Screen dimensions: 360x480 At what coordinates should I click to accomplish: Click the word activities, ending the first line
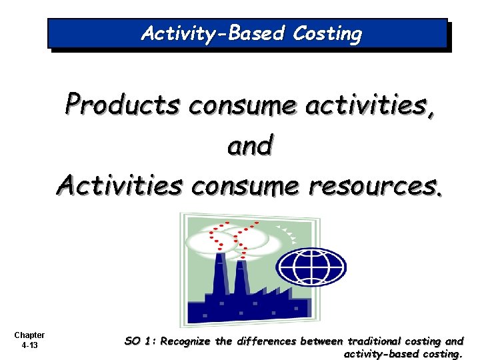tap(371, 105)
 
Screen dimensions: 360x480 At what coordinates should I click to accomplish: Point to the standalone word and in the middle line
tap(250, 145)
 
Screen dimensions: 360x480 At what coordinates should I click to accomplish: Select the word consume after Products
tap(243, 106)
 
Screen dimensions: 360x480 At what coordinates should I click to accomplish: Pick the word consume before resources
tap(245, 186)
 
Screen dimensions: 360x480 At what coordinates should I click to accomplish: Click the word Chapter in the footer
tap(29, 335)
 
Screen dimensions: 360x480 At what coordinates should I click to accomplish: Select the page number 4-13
tap(29, 345)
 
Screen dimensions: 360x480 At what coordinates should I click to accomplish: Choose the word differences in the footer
tap(263, 341)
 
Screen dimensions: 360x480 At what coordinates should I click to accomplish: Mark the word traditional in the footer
tap(375, 341)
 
